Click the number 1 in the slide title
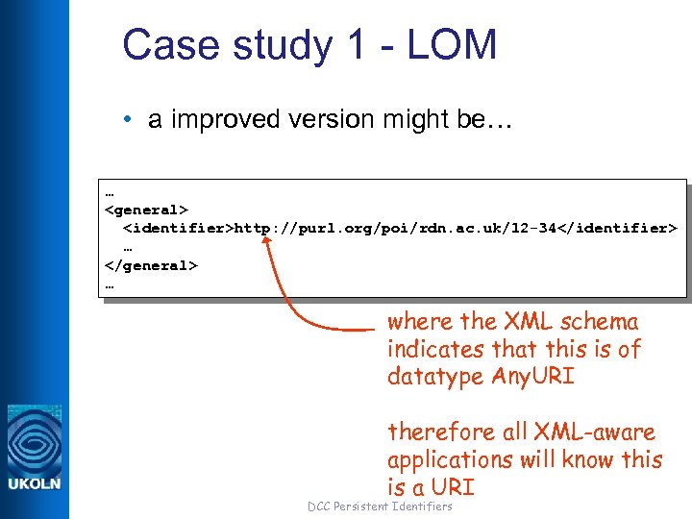[x=345, y=45]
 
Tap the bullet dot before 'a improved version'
[x=128, y=120]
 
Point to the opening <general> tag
[x=146, y=209]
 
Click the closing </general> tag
[x=151, y=265]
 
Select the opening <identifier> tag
[x=179, y=228]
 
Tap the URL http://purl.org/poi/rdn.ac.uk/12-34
[x=398, y=228]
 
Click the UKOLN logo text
[x=35, y=483]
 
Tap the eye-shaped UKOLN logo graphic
[x=35, y=438]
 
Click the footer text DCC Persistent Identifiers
[x=380, y=506]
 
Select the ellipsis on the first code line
[x=109, y=190]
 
